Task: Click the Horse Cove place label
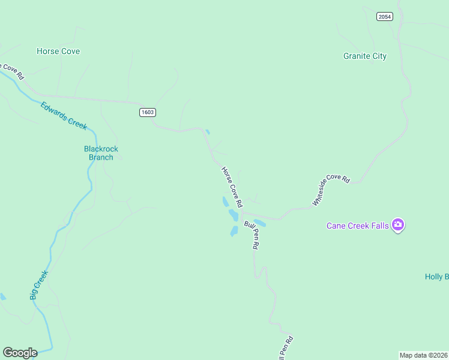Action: (58, 52)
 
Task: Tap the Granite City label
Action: (365, 56)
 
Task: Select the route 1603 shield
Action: (147, 112)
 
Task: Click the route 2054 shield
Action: (385, 16)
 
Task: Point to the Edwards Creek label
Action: (64, 116)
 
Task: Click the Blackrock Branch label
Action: (101, 153)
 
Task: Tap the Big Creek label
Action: (39, 285)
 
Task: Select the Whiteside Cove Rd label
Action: (330, 190)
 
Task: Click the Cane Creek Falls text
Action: (358, 226)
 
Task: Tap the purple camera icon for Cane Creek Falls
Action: (397, 226)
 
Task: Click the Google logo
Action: (20, 353)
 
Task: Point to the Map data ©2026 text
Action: (423, 355)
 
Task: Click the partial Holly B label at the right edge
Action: (436, 277)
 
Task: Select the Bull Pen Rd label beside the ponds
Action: (252, 235)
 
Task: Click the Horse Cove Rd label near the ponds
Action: (232, 187)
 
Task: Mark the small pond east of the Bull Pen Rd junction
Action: (260, 223)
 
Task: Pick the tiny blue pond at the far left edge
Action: (2, 296)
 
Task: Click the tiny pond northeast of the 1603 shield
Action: (208, 132)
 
